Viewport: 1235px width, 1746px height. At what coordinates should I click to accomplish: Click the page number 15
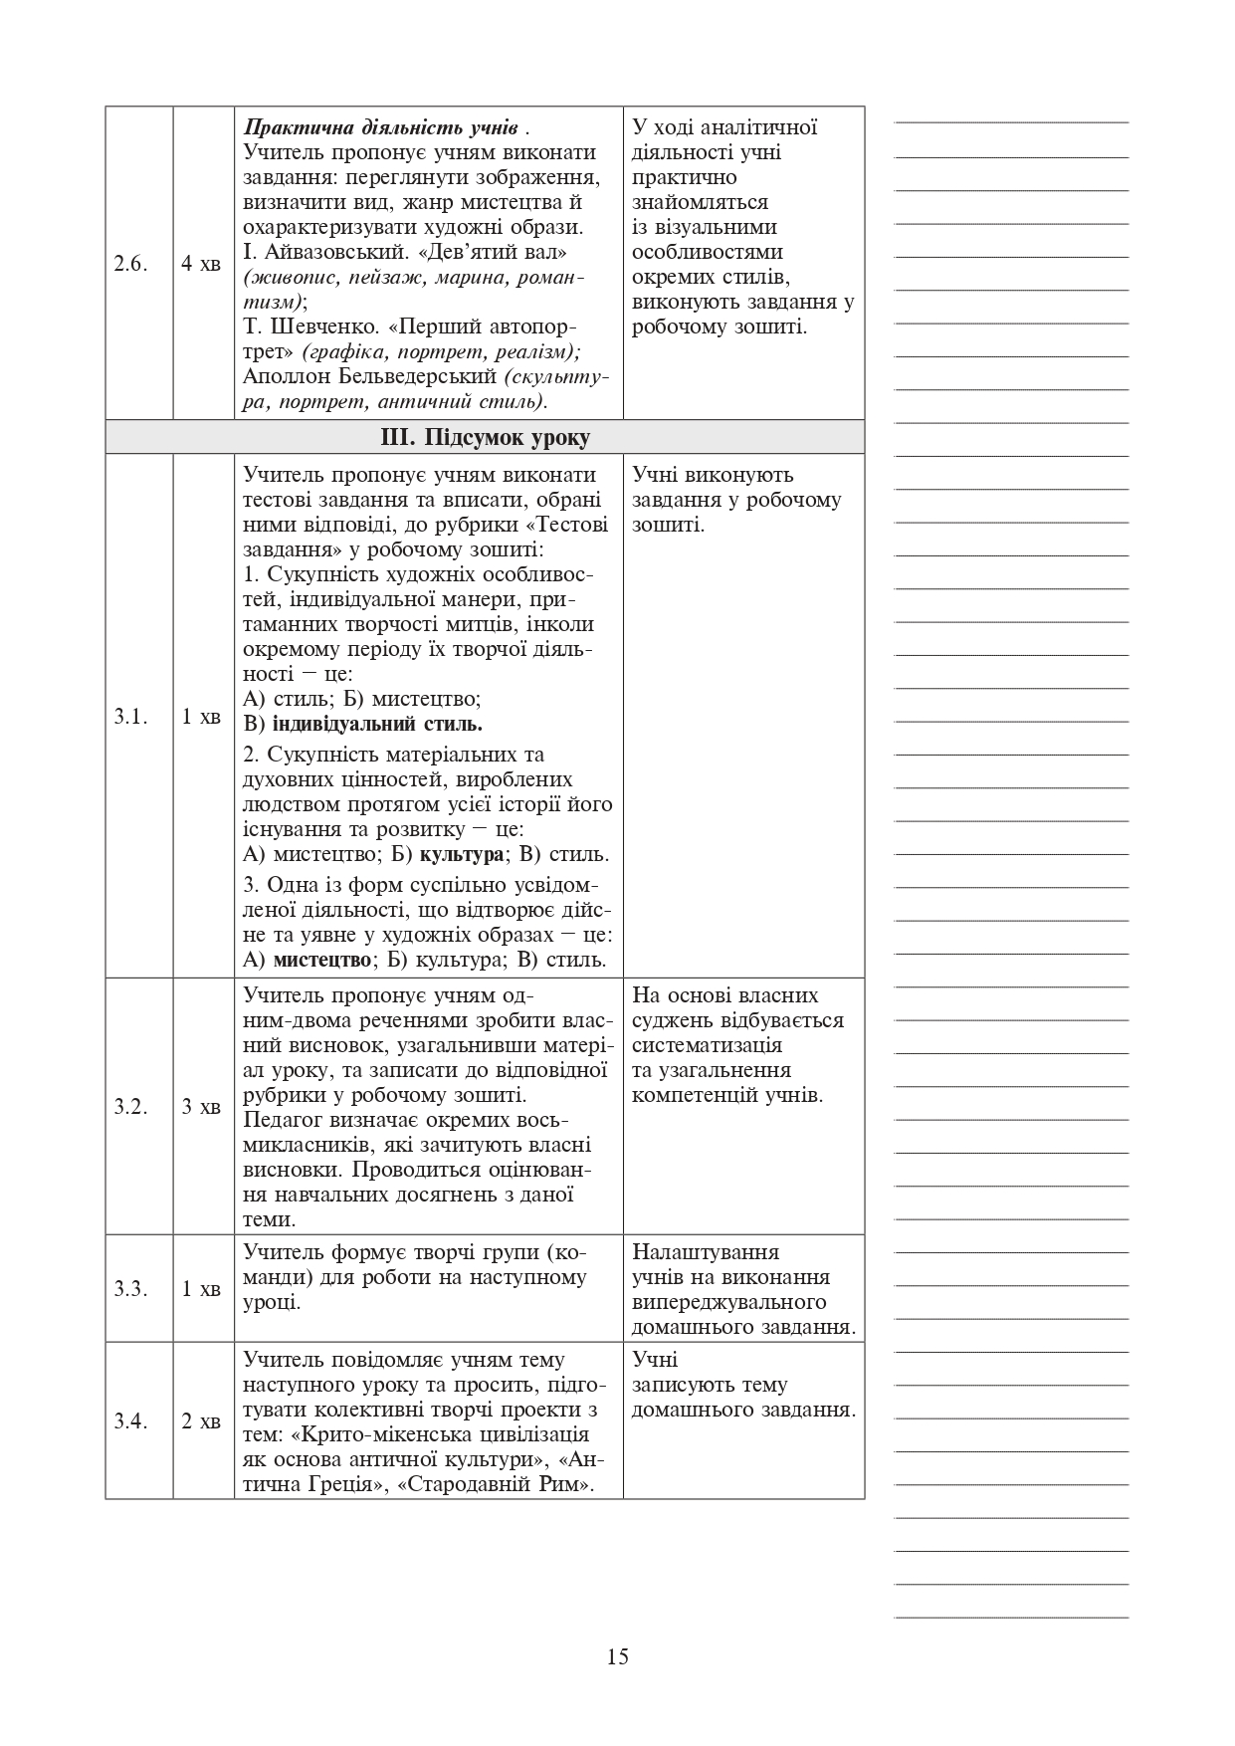click(x=617, y=1656)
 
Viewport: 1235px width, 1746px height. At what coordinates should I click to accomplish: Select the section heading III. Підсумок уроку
click(x=485, y=438)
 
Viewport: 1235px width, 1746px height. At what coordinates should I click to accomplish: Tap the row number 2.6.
click(x=130, y=264)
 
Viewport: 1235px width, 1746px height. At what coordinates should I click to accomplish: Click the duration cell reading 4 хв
click(x=202, y=264)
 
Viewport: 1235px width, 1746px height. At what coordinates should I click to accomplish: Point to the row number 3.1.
click(x=130, y=717)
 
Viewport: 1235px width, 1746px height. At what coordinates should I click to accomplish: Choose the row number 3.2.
click(x=130, y=1107)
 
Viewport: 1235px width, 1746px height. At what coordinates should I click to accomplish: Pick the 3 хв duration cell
click(x=202, y=1107)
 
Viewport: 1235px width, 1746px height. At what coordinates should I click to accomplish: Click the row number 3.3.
click(x=130, y=1289)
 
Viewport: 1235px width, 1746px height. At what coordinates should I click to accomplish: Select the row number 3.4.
click(x=130, y=1421)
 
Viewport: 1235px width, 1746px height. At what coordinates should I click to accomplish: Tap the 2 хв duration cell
click(x=202, y=1421)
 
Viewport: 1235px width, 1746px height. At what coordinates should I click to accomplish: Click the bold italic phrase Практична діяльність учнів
click(x=381, y=128)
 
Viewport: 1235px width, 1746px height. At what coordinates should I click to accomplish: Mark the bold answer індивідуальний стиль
click(x=378, y=725)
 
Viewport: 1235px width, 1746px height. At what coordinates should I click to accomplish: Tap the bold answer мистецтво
click(x=321, y=961)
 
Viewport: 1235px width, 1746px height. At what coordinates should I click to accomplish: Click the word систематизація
click(x=707, y=1045)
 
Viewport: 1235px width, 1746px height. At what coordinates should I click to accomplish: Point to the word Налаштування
click(x=706, y=1252)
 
